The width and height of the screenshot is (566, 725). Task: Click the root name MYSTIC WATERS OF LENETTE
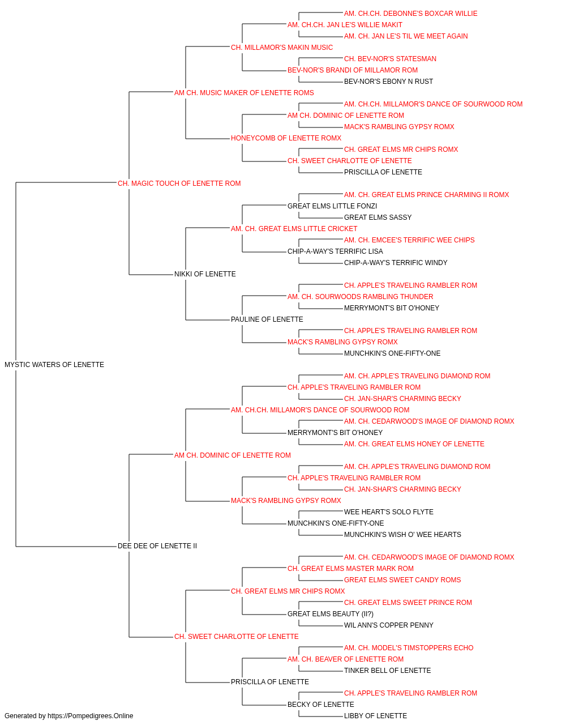[54, 364]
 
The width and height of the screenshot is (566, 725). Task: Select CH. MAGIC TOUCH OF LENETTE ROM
[179, 183]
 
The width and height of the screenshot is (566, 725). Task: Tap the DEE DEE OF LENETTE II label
[157, 546]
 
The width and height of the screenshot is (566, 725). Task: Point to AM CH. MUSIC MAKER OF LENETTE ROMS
[244, 93]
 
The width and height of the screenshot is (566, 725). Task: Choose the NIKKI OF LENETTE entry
[205, 274]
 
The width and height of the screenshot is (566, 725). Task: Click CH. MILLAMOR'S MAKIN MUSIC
[282, 48]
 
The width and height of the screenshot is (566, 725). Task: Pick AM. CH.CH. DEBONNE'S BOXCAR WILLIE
[411, 14]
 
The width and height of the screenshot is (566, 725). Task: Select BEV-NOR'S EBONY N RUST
[388, 82]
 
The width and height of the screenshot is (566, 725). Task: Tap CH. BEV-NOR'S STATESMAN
[390, 59]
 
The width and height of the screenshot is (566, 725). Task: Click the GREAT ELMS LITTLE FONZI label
[332, 206]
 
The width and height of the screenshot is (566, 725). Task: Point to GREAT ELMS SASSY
[378, 217]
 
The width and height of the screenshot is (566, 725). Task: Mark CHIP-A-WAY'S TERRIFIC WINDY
[396, 263]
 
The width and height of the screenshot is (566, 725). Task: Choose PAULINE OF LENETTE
[267, 319]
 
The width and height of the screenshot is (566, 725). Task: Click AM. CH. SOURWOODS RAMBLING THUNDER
[361, 297]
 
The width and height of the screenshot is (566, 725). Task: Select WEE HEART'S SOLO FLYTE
[389, 512]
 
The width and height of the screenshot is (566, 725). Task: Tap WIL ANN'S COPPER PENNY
[389, 625]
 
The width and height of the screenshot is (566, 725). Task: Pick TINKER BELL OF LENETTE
[387, 671]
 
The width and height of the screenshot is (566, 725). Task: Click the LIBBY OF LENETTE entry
[375, 716]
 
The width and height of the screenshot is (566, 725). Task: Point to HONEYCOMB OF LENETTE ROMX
[286, 138]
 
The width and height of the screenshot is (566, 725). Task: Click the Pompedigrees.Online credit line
[68, 716]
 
